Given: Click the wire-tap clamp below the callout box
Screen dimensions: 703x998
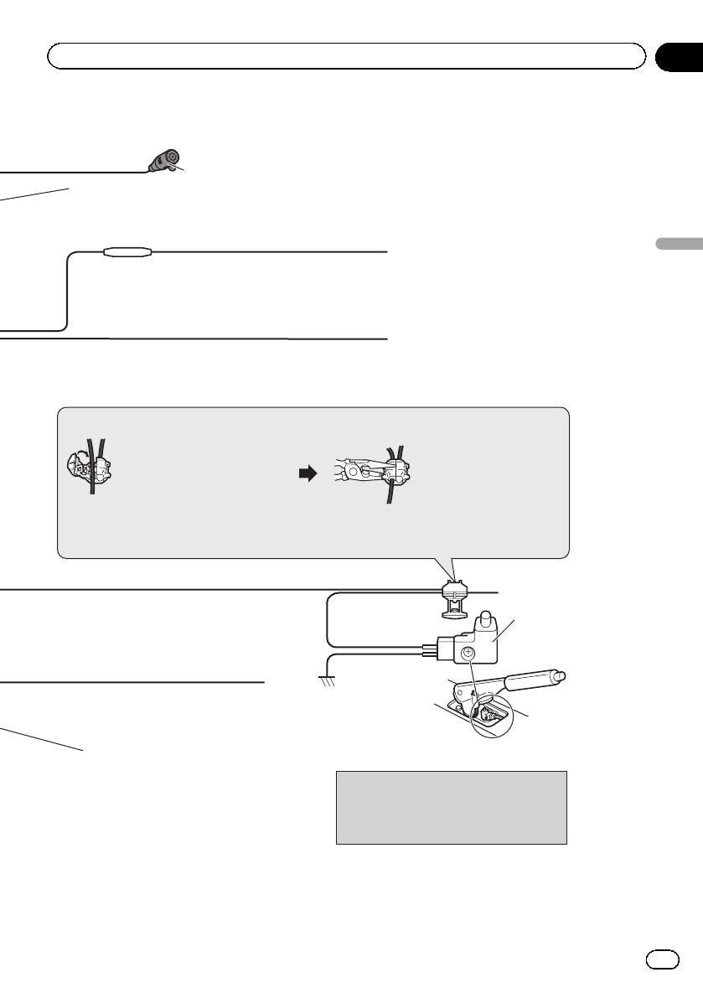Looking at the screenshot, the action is coord(454,596).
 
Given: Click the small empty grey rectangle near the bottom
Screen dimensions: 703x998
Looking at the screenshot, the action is coord(452,808).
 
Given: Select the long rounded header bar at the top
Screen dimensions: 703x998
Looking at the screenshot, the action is coord(346,56).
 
